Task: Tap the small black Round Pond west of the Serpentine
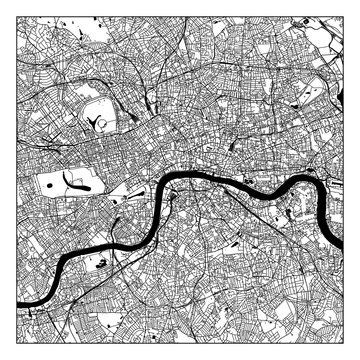coord(45,184)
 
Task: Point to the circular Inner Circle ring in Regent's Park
coord(104,121)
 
